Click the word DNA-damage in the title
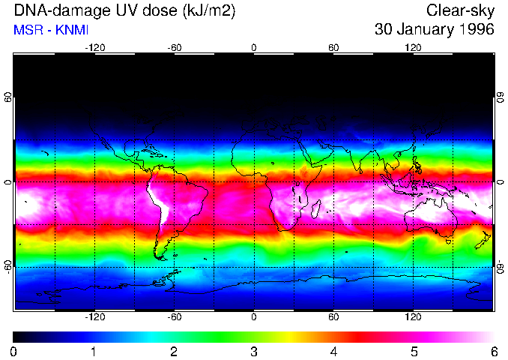[x=55, y=11]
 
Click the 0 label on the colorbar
[x=14, y=351]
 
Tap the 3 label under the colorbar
[x=254, y=351]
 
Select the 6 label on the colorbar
[x=493, y=351]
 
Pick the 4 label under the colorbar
[x=333, y=351]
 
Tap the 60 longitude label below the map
[x=333, y=317]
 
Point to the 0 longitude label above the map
[x=254, y=47]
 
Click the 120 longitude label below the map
[x=413, y=317]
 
